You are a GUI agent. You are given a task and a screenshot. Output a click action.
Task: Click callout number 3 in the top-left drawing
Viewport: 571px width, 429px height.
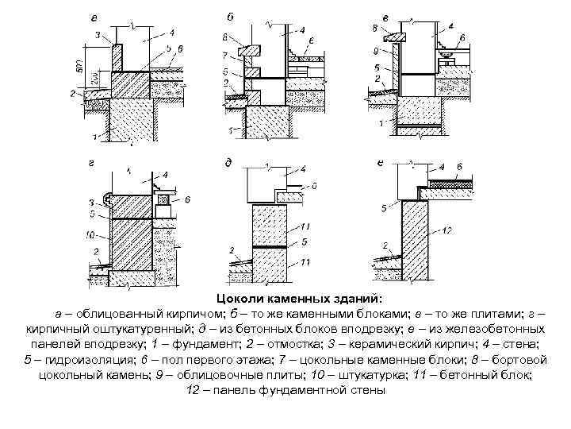click(97, 36)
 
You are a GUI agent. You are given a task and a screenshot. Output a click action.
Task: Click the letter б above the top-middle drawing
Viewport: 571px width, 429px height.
click(230, 17)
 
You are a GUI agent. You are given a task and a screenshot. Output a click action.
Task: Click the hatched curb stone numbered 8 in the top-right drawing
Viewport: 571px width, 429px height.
click(394, 36)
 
